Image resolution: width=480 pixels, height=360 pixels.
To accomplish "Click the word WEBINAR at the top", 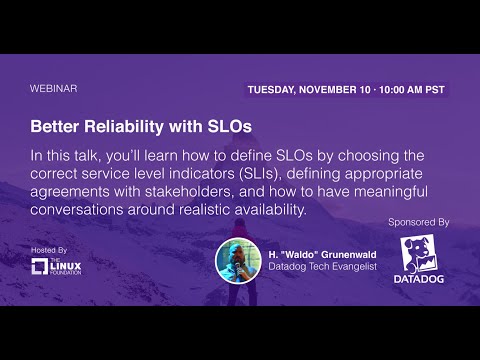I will click(54, 88).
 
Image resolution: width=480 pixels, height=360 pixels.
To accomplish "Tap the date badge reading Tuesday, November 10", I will click(346, 89).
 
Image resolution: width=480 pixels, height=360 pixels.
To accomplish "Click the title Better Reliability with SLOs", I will click(141, 128).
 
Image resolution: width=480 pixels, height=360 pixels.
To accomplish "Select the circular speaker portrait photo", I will click(238, 260).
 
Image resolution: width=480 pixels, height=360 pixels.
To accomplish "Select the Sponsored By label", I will click(416, 220).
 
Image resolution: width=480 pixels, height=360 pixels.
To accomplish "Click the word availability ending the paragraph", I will click(262, 211).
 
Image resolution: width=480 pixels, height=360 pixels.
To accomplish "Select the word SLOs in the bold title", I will click(228, 128).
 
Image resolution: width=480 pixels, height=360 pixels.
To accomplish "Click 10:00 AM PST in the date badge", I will click(404, 89).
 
